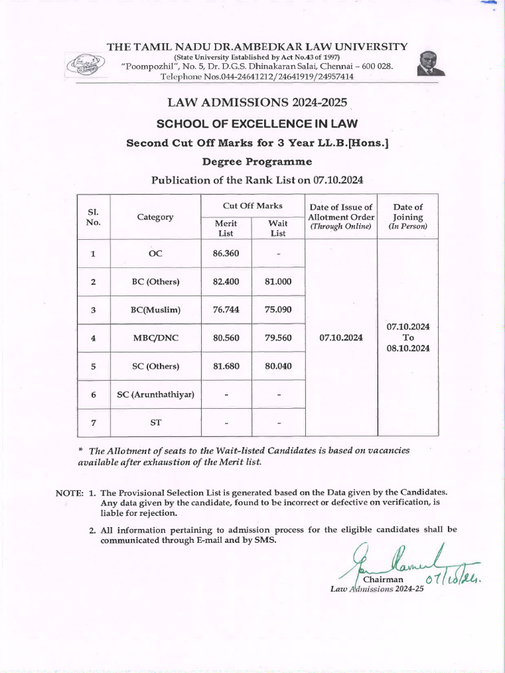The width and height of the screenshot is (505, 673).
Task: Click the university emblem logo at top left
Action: click(x=84, y=64)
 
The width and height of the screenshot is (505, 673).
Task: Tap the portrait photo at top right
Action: click(x=430, y=64)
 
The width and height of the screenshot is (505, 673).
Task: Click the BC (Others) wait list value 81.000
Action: click(x=278, y=281)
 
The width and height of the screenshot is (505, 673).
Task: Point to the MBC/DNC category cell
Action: click(x=155, y=338)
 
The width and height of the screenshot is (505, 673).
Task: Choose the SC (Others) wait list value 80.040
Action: click(x=278, y=366)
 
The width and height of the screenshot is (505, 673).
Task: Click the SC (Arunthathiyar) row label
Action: click(x=155, y=394)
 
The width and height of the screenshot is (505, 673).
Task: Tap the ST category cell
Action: click(x=155, y=423)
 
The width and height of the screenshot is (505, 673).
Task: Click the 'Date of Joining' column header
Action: click(x=407, y=216)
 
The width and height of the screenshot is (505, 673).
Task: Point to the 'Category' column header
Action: click(x=155, y=217)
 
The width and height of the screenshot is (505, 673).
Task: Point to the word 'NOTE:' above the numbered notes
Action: click(x=69, y=492)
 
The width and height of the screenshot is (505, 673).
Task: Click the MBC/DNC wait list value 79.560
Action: click(x=278, y=338)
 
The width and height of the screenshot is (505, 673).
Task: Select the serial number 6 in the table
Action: click(x=93, y=394)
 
